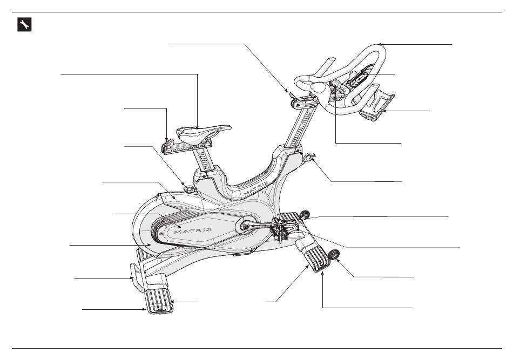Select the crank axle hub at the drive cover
point(246,227)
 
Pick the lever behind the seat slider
point(168,142)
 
